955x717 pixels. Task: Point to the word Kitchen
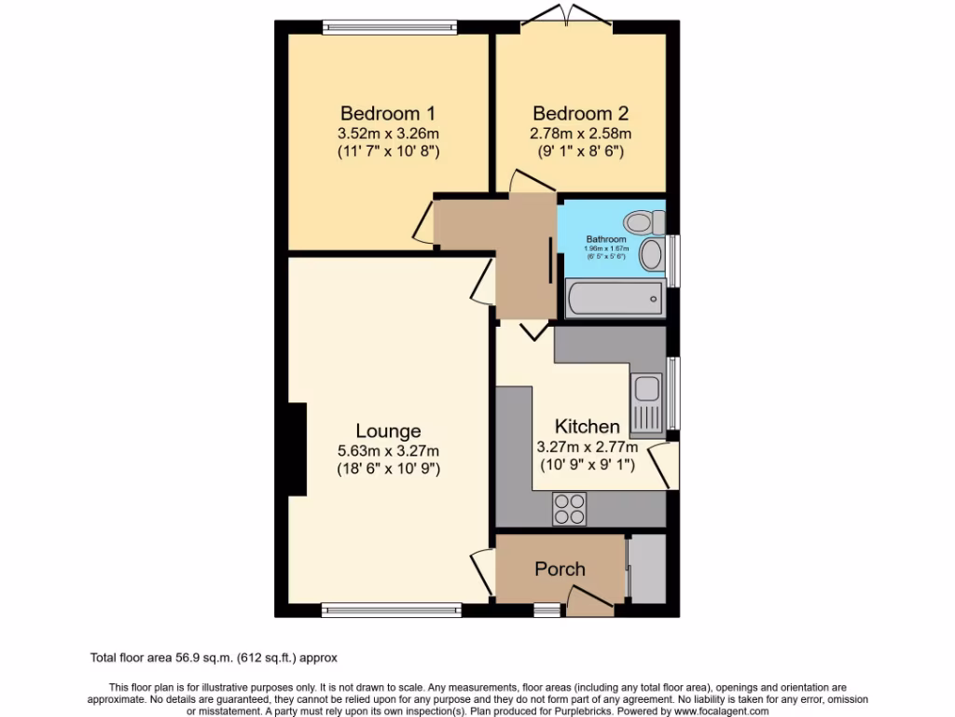pyautogui.click(x=587, y=426)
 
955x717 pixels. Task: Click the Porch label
pyautogui.click(x=560, y=569)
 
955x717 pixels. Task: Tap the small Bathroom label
pyautogui.click(x=606, y=239)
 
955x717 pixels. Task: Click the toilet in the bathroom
pyautogui.click(x=643, y=222)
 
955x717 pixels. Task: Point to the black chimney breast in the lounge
pyautogui.click(x=298, y=449)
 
